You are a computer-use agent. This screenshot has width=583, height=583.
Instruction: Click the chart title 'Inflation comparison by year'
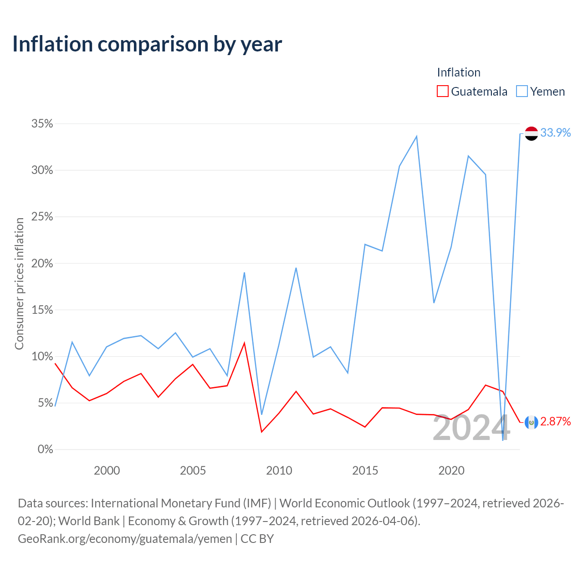pos(147,44)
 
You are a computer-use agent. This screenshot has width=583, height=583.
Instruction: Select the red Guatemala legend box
pos(442,91)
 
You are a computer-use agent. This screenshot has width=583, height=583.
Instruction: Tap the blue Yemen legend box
pos(522,91)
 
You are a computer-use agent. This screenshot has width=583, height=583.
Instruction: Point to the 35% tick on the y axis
pos(42,123)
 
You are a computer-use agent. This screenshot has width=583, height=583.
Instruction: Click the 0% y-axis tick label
pos(46,449)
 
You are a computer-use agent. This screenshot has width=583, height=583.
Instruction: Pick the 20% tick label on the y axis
pos(42,263)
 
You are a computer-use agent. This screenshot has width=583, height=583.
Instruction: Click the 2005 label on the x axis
pos(193,470)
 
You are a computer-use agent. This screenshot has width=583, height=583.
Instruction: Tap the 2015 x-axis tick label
pos(365,470)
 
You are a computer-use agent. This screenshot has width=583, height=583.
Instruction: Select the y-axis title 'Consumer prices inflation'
pos(20,284)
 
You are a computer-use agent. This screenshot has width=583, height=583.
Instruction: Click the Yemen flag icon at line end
pos(531,133)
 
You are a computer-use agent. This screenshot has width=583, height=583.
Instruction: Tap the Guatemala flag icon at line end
pos(531,422)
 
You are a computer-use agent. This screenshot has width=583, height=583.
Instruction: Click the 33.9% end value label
pos(555,133)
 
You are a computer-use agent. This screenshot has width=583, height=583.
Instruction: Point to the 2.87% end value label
pos(555,421)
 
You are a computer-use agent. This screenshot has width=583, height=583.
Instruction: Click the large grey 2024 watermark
pos(471,428)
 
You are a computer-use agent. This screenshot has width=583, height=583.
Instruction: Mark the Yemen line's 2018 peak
pos(417,136)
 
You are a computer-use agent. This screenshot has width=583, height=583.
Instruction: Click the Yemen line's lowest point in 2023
pos(502,440)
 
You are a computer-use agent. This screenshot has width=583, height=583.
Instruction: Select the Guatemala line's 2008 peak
pos(244,343)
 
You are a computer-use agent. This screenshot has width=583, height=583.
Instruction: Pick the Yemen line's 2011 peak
pos(296,268)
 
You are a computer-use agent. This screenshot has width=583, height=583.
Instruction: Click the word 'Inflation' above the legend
pos(459,72)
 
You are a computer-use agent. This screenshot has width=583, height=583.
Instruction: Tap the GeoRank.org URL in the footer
pos(125,539)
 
